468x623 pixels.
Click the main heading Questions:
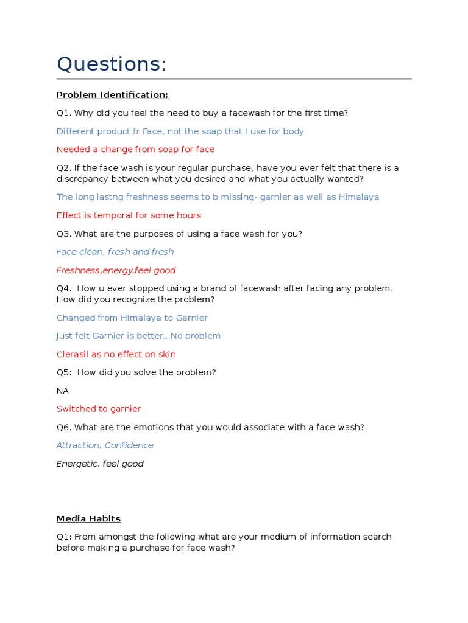(112, 63)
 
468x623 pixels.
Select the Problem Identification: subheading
(112, 95)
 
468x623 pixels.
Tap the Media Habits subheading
(88, 519)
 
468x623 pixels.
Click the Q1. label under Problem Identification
(65, 113)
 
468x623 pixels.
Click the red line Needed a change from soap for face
(135, 150)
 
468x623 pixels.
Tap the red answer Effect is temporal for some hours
(129, 215)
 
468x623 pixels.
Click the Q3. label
(65, 234)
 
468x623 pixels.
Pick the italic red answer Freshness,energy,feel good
(116, 270)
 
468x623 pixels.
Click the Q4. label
(65, 288)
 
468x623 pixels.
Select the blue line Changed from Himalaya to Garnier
(132, 318)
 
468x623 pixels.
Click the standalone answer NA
(63, 391)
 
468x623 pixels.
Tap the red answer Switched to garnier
(99, 409)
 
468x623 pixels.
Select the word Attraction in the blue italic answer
(78, 445)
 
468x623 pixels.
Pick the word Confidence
(129, 445)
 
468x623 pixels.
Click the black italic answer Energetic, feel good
(100, 464)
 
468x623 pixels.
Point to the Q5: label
(65, 372)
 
